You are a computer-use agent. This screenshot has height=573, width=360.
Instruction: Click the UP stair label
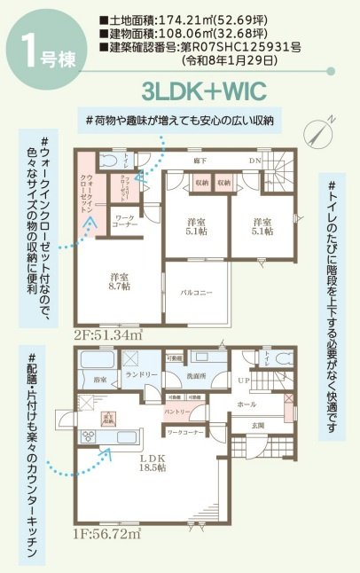tap(244, 381)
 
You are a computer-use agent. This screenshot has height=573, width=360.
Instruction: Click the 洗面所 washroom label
tap(196, 376)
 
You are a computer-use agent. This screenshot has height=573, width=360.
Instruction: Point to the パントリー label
tap(174, 412)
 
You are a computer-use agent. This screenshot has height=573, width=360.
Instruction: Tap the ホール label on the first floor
tap(247, 404)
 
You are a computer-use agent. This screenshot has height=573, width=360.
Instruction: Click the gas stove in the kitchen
tap(90, 435)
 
